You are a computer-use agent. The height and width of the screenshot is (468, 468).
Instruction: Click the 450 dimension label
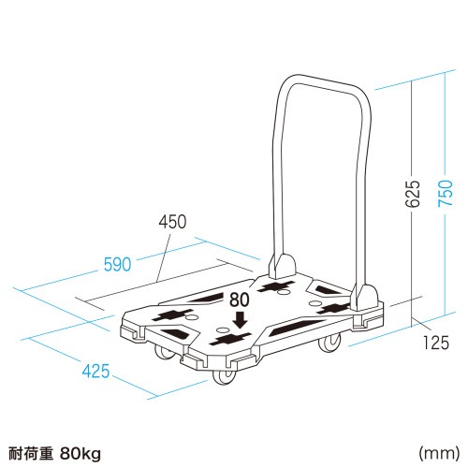[x=172, y=222]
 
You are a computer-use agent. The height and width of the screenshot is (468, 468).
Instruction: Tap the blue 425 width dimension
[x=95, y=372]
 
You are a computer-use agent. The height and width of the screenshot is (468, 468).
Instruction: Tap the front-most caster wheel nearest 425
[x=225, y=376]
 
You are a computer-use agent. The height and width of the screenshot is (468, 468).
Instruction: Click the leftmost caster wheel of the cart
[x=161, y=353]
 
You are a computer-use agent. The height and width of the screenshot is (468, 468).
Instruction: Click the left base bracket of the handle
[x=279, y=266]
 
